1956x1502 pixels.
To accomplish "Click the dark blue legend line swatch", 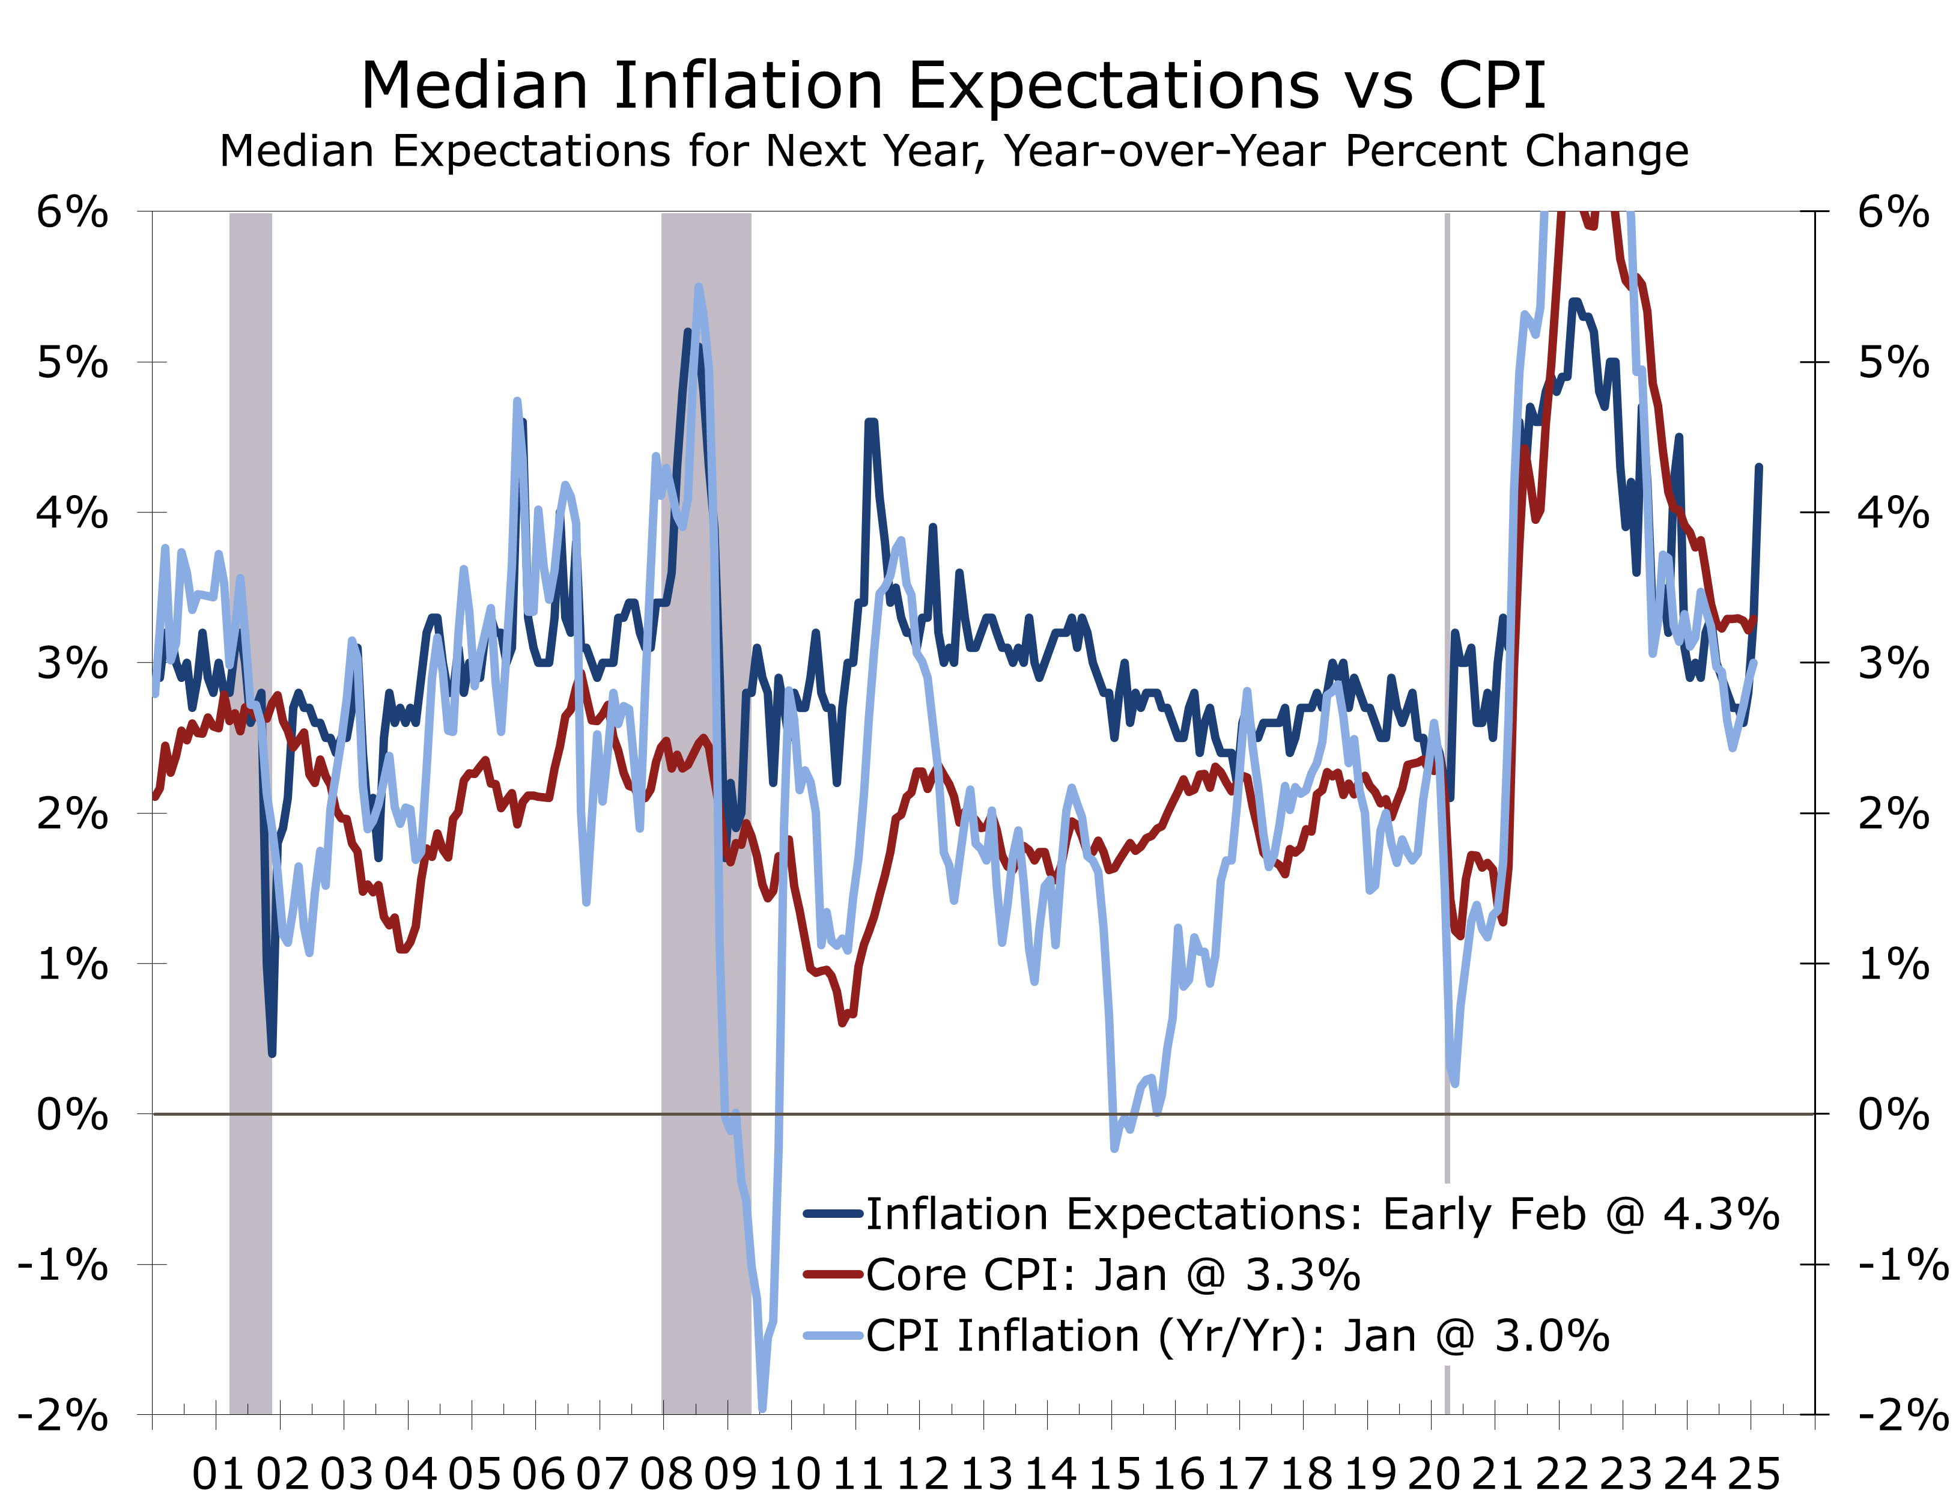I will pyautogui.click(x=832, y=1214).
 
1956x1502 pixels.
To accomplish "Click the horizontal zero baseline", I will pyautogui.click(x=983, y=1114).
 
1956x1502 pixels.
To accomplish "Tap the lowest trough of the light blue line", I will pyautogui.click(x=762, y=1408).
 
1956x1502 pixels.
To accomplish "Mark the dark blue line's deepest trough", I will pyautogui.click(x=272, y=1053).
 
